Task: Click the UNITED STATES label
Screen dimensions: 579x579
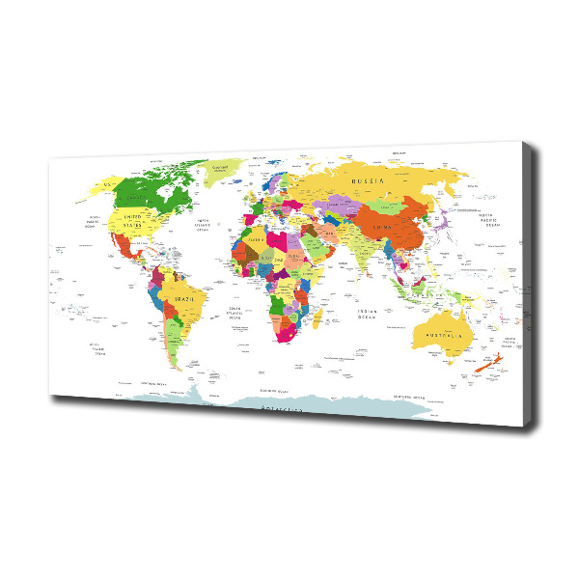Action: pos(131,219)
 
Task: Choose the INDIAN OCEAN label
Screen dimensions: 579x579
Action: pos(367,313)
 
